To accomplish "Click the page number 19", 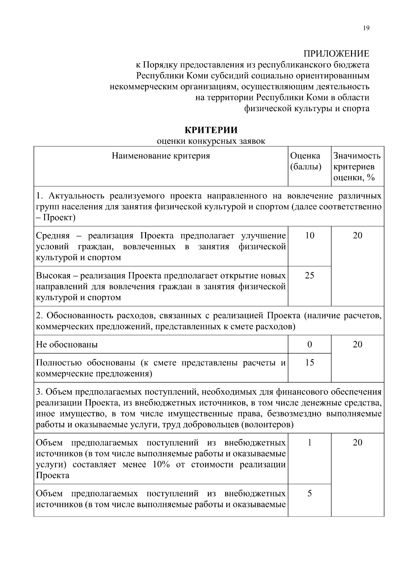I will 366,28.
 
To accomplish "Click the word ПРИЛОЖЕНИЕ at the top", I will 336,54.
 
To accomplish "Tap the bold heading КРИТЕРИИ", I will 211,130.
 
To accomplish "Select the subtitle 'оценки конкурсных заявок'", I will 211,141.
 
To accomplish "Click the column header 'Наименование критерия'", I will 161,156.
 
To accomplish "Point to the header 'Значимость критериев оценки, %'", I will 357,167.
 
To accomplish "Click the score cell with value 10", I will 309,235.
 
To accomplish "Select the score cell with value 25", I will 309,275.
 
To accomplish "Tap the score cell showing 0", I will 309,344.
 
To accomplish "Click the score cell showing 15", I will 309,362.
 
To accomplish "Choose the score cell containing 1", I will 309,442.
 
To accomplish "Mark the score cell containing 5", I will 309,493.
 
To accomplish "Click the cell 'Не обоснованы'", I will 67,345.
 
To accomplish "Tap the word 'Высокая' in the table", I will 53,276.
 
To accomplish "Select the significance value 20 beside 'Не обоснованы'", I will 357,344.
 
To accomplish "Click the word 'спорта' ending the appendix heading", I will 356,108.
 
